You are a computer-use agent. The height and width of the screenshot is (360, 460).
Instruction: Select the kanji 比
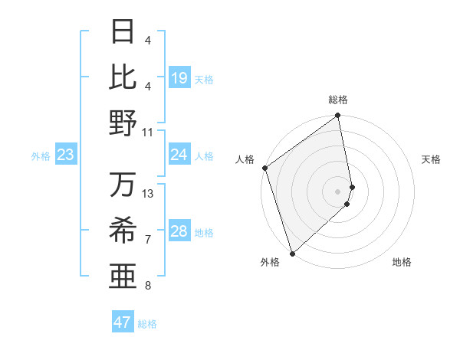coord(123,77)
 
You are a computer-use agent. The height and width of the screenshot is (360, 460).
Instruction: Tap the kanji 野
coord(123,123)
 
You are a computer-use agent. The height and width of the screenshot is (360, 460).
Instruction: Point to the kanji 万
coord(123,185)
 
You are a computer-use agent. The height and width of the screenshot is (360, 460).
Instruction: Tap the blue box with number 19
coord(179,78)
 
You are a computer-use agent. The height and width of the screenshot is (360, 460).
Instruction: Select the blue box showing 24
coord(179,155)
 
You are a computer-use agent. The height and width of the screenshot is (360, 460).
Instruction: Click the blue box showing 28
coord(179,232)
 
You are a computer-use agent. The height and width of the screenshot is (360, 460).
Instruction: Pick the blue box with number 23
coord(66,155)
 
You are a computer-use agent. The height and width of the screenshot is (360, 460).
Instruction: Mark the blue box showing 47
coord(123,322)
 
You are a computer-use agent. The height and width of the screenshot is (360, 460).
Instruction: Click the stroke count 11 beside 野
coord(148,132)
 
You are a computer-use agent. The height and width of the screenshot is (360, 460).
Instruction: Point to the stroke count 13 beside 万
coord(148,193)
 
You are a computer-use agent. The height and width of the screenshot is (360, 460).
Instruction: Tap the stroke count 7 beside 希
coord(148,240)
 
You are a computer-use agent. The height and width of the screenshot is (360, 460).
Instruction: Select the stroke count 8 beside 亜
coord(148,286)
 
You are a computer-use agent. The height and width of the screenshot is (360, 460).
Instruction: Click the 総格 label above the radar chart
coord(338,100)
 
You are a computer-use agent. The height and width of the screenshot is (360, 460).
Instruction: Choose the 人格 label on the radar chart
coord(245,159)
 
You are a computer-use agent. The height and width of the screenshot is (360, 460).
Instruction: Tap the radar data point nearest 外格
coord(292,252)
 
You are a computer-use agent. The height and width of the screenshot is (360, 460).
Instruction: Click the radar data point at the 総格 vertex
coord(338,116)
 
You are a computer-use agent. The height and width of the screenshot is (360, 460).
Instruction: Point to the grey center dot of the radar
coord(338,191)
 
